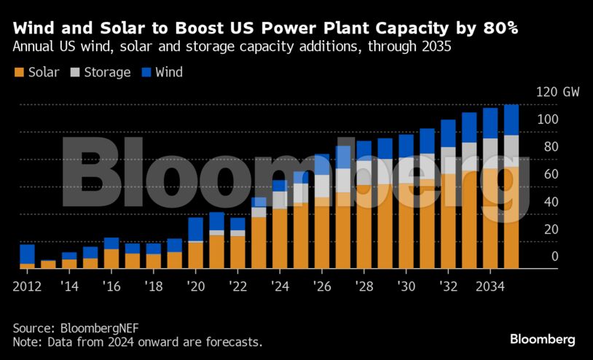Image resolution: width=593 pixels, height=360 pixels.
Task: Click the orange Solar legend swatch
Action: (19, 72)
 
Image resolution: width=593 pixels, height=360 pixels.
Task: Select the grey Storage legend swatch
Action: (75, 72)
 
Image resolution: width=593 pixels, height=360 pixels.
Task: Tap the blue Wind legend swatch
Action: (146, 72)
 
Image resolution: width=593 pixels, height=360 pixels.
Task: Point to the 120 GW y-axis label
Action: (557, 93)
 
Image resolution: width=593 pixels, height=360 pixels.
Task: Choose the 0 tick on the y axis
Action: (554, 257)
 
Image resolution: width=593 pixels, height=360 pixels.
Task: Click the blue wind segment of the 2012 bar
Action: (28, 254)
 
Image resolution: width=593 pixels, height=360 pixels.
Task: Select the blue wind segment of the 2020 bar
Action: (196, 228)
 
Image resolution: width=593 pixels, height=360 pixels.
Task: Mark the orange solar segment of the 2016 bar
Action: (111, 259)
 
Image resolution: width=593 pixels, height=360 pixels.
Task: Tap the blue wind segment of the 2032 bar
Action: (448, 133)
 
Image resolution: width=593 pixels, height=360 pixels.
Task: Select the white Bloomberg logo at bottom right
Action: (542, 340)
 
